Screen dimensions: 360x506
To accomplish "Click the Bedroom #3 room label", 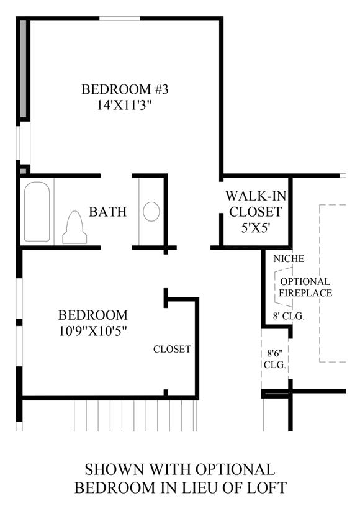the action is [125, 89].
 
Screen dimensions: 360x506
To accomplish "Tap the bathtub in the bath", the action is [37, 212].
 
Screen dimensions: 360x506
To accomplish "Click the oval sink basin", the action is [151, 212].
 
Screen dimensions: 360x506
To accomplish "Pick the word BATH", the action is [108, 212].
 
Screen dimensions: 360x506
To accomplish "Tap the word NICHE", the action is [289, 258].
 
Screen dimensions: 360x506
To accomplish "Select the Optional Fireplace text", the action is [305, 287].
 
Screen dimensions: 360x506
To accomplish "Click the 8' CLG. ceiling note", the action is [289, 316].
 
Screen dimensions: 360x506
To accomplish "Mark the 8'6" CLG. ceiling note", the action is [275, 358].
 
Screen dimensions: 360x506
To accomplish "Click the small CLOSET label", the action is [172, 349].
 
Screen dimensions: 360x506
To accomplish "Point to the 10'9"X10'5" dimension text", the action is [93, 331].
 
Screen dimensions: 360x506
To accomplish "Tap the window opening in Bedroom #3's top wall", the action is [119, 19].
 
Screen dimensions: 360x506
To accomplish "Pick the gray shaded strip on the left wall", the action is [23, 69].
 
